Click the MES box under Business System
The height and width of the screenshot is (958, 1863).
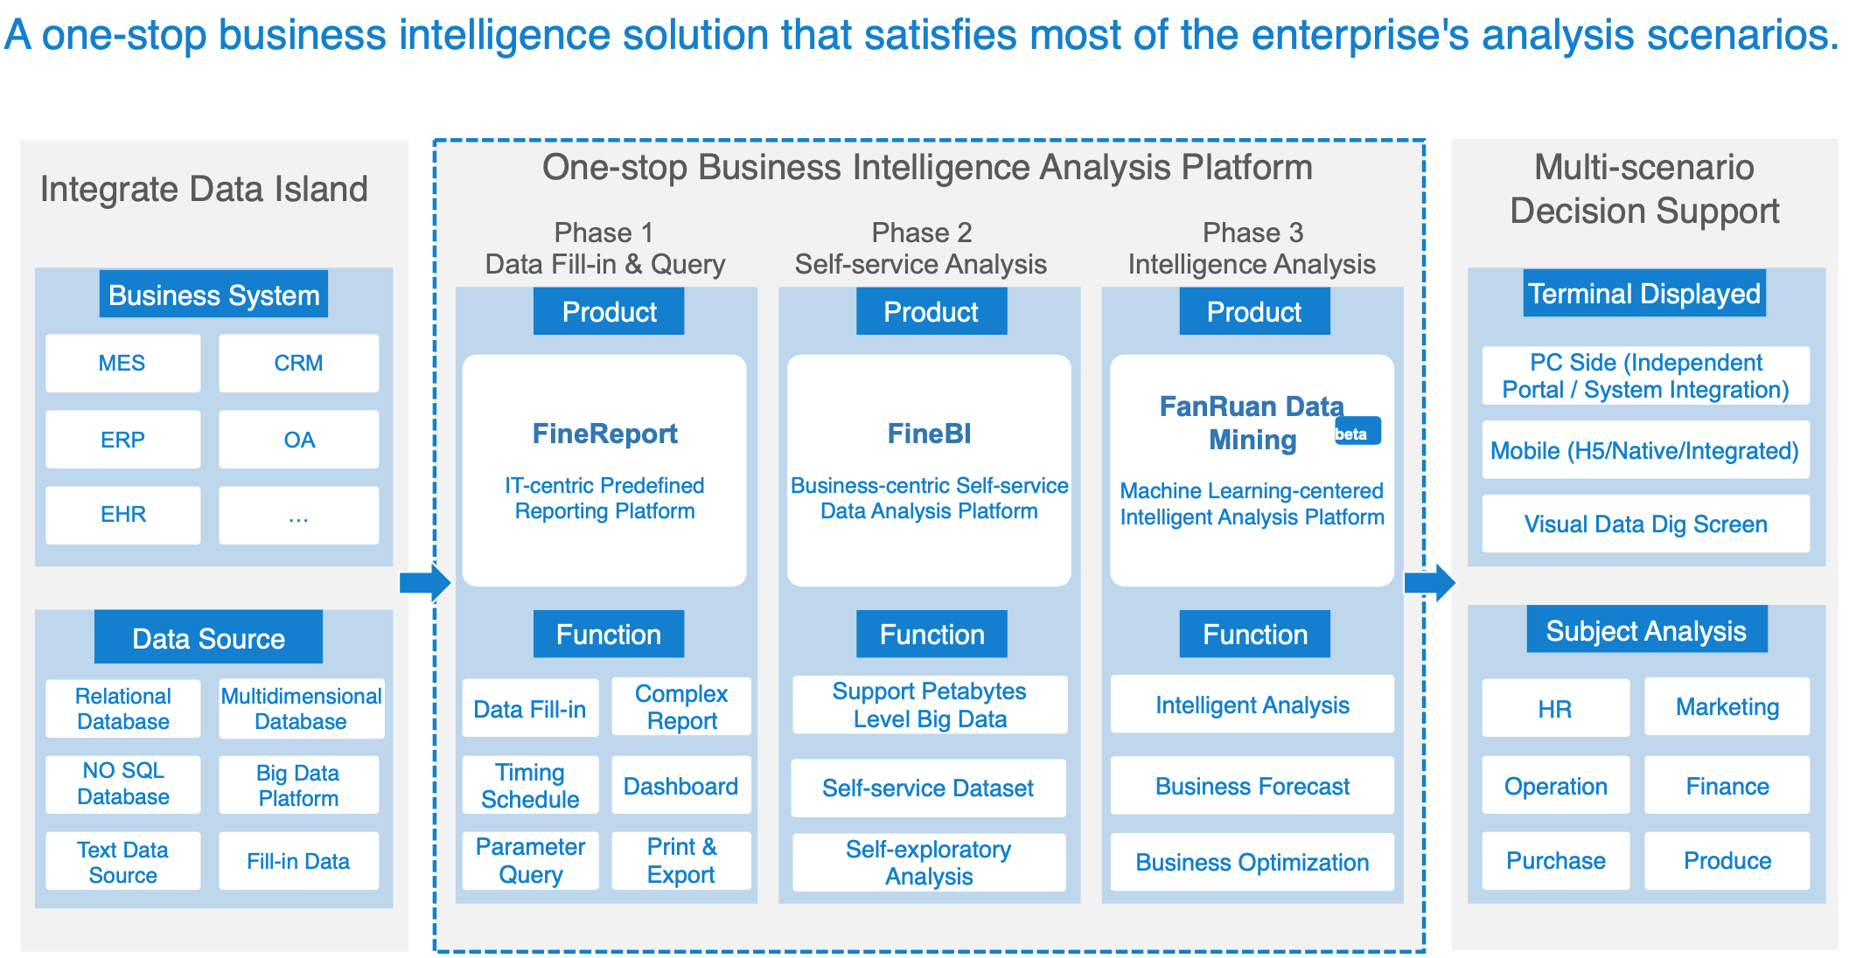coord(122,363)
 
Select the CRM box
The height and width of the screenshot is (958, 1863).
coord(298,363)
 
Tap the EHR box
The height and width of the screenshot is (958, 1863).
coord(122,515)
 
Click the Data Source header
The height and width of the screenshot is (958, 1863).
coord(208,637)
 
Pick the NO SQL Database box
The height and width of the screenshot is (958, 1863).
coord(122,784)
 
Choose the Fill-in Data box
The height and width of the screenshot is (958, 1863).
coord(298,861)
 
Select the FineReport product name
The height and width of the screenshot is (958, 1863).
coord(604,434)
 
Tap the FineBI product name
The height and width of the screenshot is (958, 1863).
coord(929,434)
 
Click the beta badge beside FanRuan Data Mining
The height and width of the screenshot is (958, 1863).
coord(1357,431)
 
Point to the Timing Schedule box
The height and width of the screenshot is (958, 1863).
coord(530,785)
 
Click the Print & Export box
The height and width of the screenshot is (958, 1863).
coord(681,861)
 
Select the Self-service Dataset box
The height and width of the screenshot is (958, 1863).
coord(928,788)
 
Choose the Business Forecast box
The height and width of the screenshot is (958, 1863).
coord(1252,786)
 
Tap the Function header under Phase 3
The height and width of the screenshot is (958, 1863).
coord(1254,634)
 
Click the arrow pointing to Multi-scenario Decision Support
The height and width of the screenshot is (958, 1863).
coord(1429,582)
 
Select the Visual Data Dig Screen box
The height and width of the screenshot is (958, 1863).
coord(1646,524)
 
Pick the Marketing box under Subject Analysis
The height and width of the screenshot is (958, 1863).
coord(1727,706)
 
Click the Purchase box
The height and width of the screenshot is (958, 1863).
coord(1556,861)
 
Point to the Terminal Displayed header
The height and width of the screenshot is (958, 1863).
coord(1644,293)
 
